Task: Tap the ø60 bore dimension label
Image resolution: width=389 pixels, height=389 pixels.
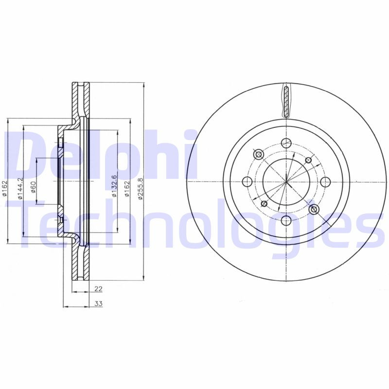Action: tap(34, 186)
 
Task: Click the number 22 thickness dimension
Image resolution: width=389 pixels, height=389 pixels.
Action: tap(98, 289)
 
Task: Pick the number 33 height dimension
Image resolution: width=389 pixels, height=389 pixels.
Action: tap(98, 304)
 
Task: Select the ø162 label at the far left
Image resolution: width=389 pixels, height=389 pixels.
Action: tap(5, 189)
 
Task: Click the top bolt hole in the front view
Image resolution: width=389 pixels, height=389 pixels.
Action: tap(286, 143)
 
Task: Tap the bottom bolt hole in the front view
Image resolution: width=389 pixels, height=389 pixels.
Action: tap(286, 222)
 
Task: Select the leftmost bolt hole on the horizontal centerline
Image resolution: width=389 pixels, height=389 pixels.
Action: tap(247, 182)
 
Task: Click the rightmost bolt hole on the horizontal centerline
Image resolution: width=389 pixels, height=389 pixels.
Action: tap(325, 182)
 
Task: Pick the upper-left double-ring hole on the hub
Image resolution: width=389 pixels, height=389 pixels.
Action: tap(258, 155)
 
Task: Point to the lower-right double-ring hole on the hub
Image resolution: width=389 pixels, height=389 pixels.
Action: tap(314, 210)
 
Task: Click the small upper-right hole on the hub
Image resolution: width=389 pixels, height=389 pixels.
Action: tap(308, 160)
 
